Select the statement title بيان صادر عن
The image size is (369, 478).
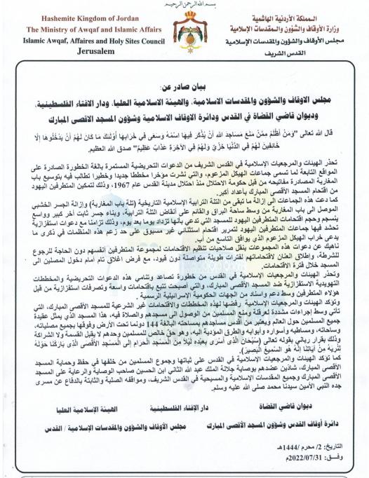[184, 88]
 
